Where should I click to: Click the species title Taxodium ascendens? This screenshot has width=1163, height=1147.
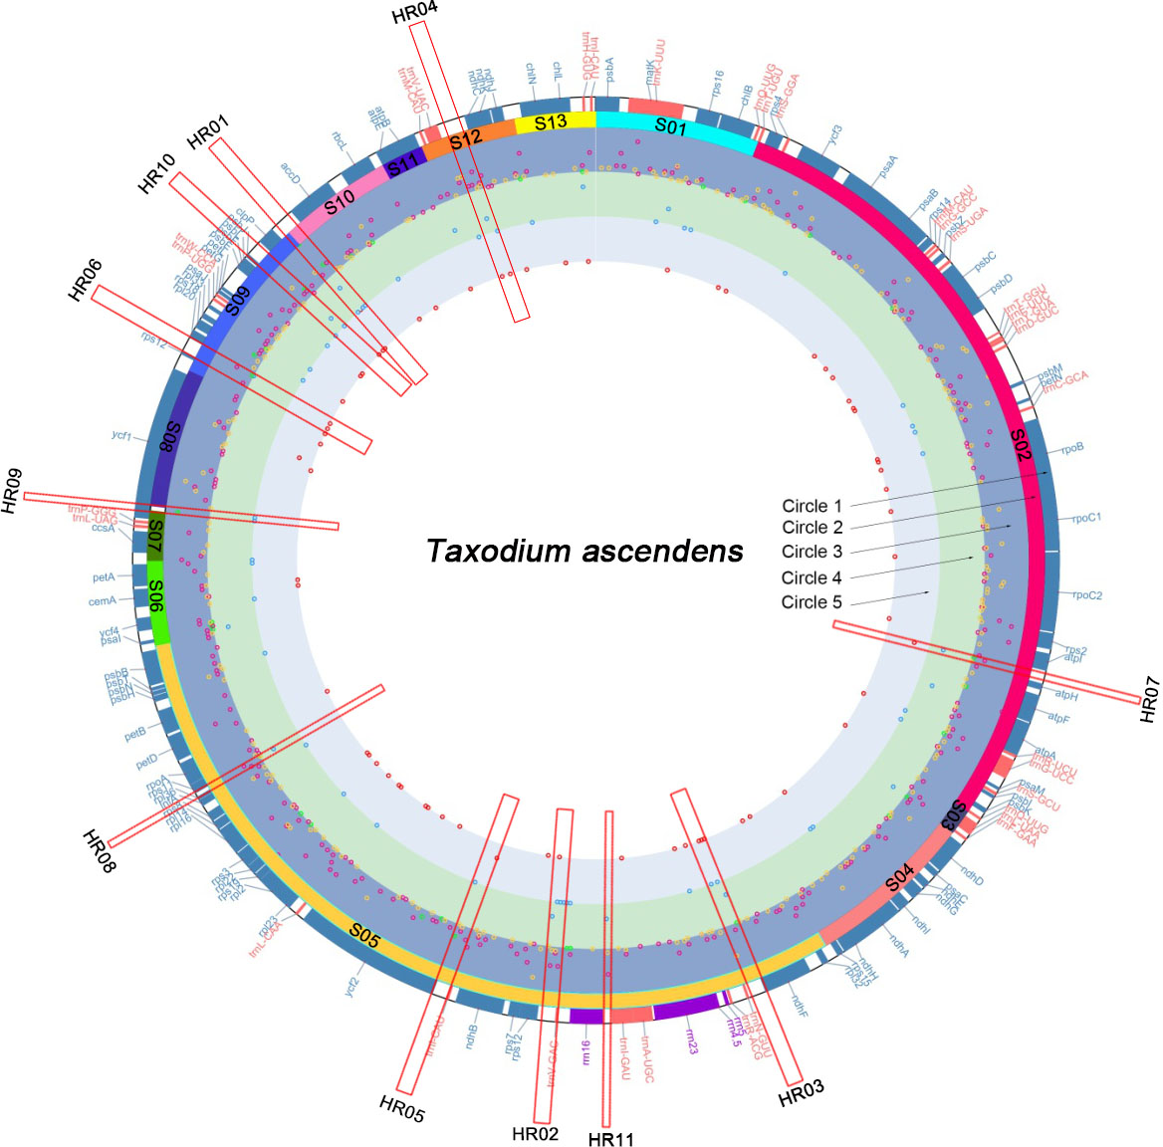(584, 552)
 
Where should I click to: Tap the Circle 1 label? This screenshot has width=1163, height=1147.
(812, 506)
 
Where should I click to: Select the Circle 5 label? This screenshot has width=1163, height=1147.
(812, 602)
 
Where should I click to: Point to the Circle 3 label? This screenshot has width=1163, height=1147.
(812, 552)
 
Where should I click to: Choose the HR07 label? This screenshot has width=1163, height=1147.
(1149, 699)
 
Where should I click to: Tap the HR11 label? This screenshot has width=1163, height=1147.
(610, 1139)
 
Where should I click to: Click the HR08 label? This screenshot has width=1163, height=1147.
(100, 851)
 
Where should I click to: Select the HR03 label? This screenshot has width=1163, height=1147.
(802, 1094)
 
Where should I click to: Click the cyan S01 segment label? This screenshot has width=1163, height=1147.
(670, 127)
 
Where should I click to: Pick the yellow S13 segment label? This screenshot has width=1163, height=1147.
(551, 122)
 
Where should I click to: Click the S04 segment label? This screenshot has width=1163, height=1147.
(900, 877)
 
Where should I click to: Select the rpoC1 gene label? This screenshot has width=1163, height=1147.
(1086, 518)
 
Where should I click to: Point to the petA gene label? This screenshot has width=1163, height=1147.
(104, 577)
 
